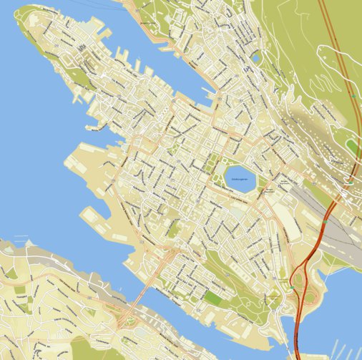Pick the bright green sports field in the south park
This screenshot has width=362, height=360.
pyautogui.click(x=214, y=296)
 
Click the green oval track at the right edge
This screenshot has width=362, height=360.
pyautogui.click(x=351, y=146)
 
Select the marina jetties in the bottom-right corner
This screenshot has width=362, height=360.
pyautogui.click(x=336, y=351)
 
